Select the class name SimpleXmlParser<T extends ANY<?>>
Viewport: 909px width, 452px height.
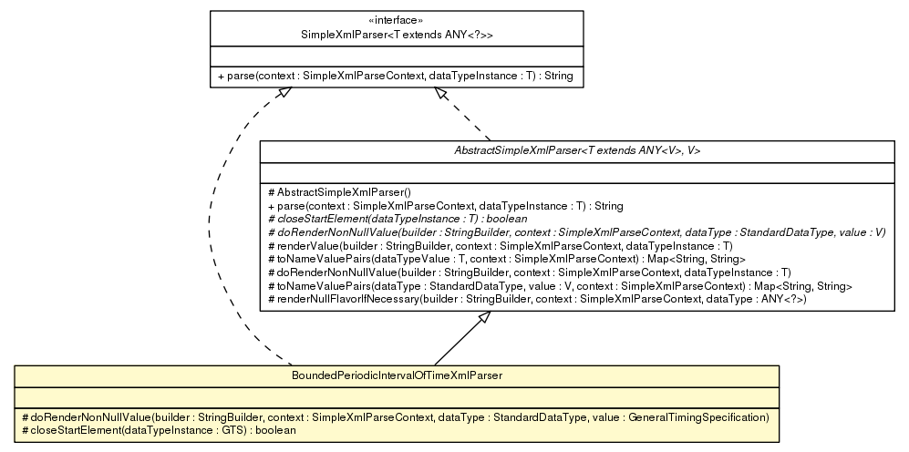396,34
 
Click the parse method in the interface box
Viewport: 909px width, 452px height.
395,77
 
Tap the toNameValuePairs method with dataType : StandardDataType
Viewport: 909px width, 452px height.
559,286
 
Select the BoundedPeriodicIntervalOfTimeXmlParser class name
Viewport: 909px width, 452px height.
396,375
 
